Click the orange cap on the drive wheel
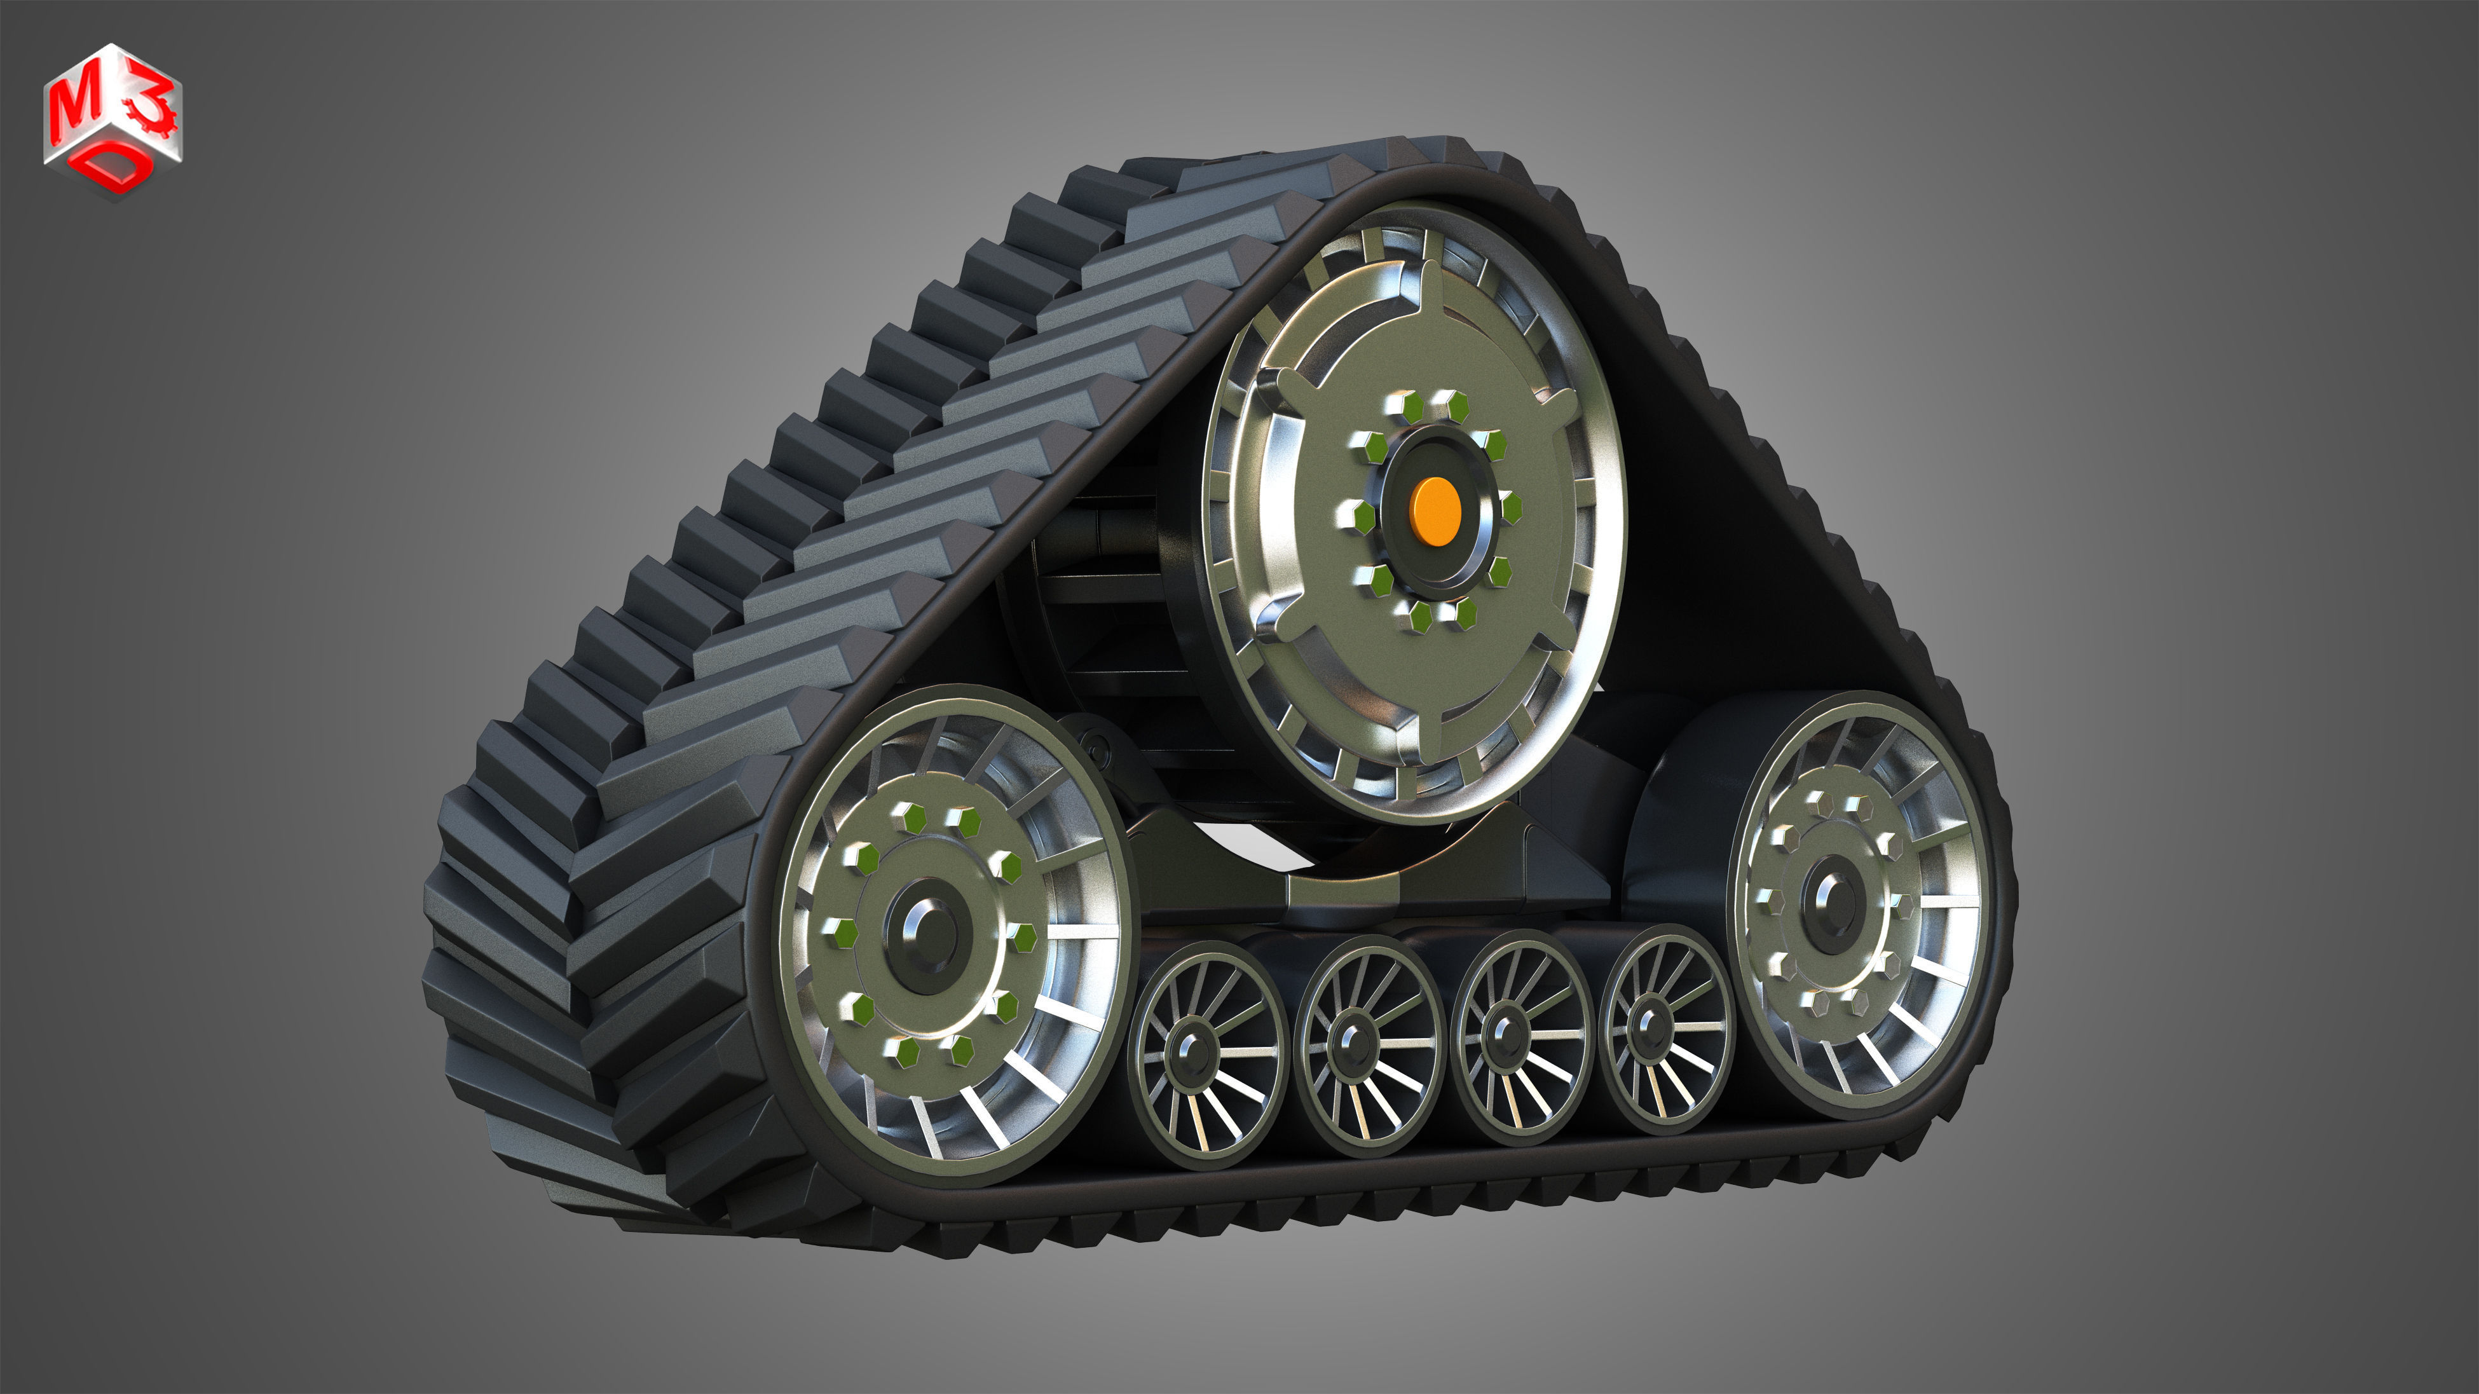point(1435,512)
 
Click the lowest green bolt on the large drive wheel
point(1421,617)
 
